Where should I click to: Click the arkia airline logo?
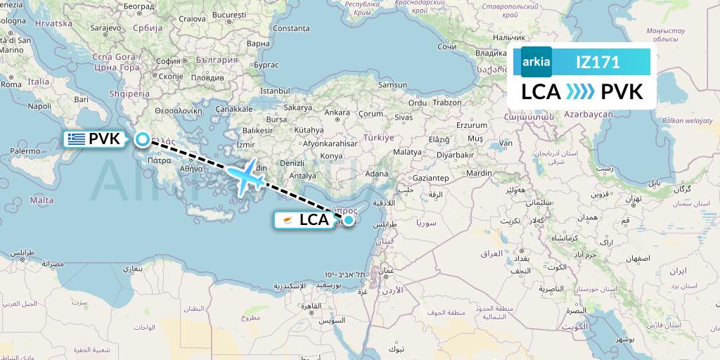click(536, 62)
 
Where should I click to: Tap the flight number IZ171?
click(598, 62)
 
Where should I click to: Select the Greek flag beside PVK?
click(76, 139)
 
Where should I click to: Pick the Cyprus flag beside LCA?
click(285, 220)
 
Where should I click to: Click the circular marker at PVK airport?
click(142, 139)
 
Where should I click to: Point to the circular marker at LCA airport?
click(348, 220)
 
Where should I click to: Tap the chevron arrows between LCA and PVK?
click(580, 92)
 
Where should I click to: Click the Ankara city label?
click(337, 112)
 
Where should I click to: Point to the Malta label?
click(42, 200)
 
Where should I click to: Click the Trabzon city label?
click(447, 102)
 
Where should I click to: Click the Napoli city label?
click(39, 106)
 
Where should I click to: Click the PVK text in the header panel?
click(622, 92)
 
